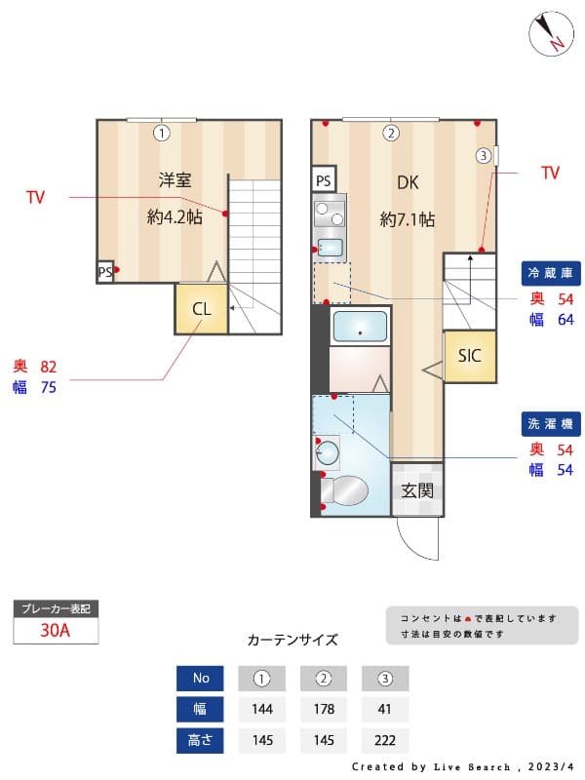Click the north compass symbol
click(552, 34)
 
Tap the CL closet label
click(202, 309)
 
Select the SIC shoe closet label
click(470, 356)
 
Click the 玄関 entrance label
click(417, 490)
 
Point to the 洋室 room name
click(175, 179)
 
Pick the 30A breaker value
click(56, 630)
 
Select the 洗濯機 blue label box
click(553, 424)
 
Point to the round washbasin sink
click(330, 452)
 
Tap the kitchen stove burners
click(330, 209)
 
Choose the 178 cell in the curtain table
click(324, 709)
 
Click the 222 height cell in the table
click(385, 740)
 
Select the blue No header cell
click(201, 678)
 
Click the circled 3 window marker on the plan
click(483, 155)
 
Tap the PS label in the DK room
click(324, 180)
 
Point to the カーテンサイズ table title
click(292, 641)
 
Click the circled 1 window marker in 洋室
click(162, 133)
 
